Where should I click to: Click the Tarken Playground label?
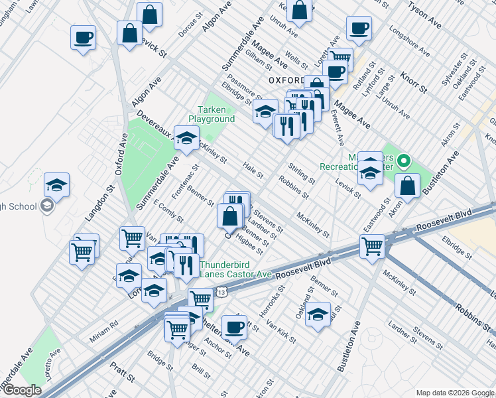(x=212, y=114)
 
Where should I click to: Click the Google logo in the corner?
(x=22, y=390)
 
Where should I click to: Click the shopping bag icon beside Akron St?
(x=408, y=186)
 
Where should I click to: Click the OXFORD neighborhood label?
(x=286, y=80)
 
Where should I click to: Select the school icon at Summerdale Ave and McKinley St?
(x=186, y=137)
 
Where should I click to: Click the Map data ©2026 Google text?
(x=454, y=391)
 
